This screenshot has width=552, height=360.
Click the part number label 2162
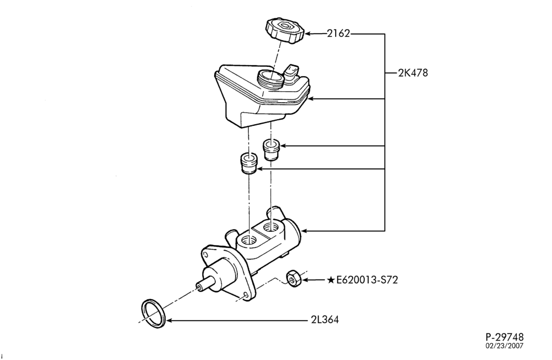[338, 34]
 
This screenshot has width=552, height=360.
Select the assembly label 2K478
[413, 73]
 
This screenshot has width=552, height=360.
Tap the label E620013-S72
[367, 280]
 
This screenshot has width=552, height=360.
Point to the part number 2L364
[325, 320]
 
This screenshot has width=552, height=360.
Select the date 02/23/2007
[505, 346]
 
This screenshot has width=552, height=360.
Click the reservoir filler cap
[285, 31]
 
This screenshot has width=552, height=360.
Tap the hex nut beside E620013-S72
[293, 278]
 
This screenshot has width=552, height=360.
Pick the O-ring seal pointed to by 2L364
[153, 314]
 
